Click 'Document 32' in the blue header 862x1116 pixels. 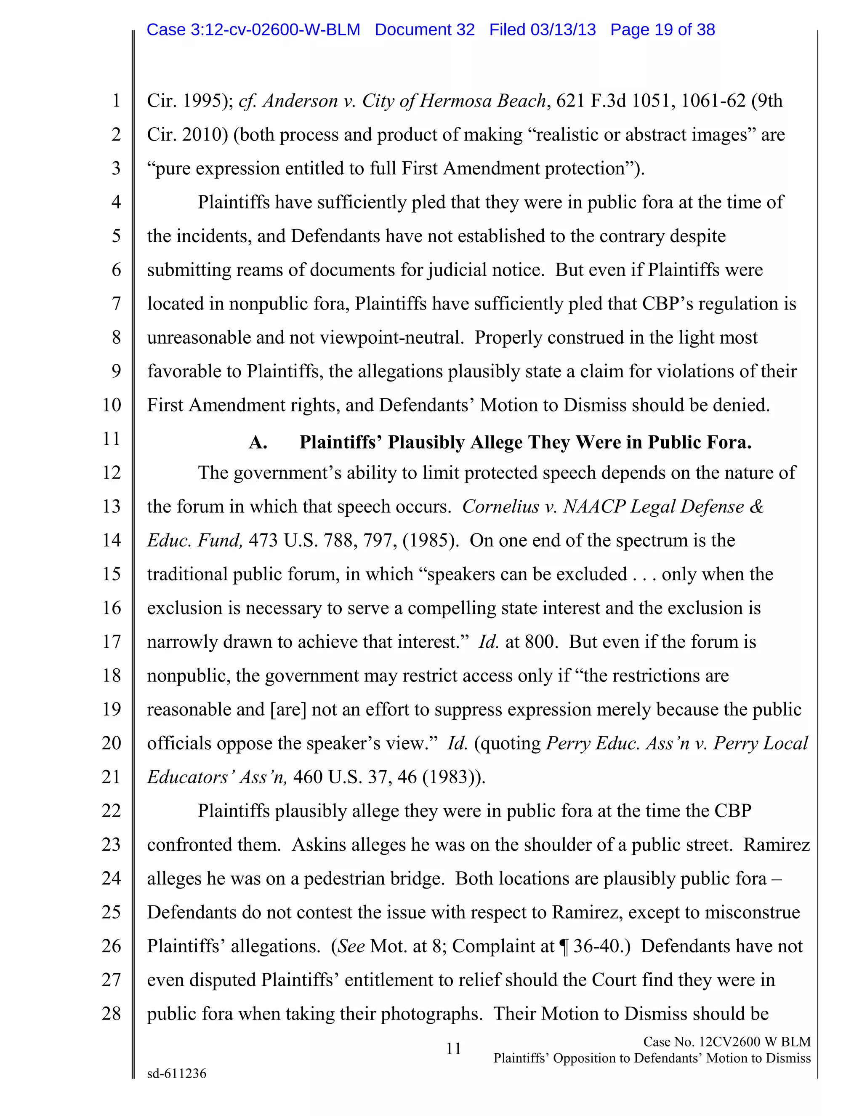[424, 29]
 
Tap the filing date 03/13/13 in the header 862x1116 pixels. [563, 29]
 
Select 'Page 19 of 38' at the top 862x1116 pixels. [662, 29]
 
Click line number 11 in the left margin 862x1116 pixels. [111, 438]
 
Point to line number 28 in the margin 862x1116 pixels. [111, 1013]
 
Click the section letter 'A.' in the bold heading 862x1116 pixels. [258, 443]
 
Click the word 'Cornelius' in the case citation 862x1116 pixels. [500, 506]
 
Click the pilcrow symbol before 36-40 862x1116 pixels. [564, 946]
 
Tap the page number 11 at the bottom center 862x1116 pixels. [453, 1049]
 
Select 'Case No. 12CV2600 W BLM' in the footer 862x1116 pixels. [726, 1041]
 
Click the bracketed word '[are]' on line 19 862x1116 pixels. [288, 709]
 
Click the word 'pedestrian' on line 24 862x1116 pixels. [347, 878]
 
